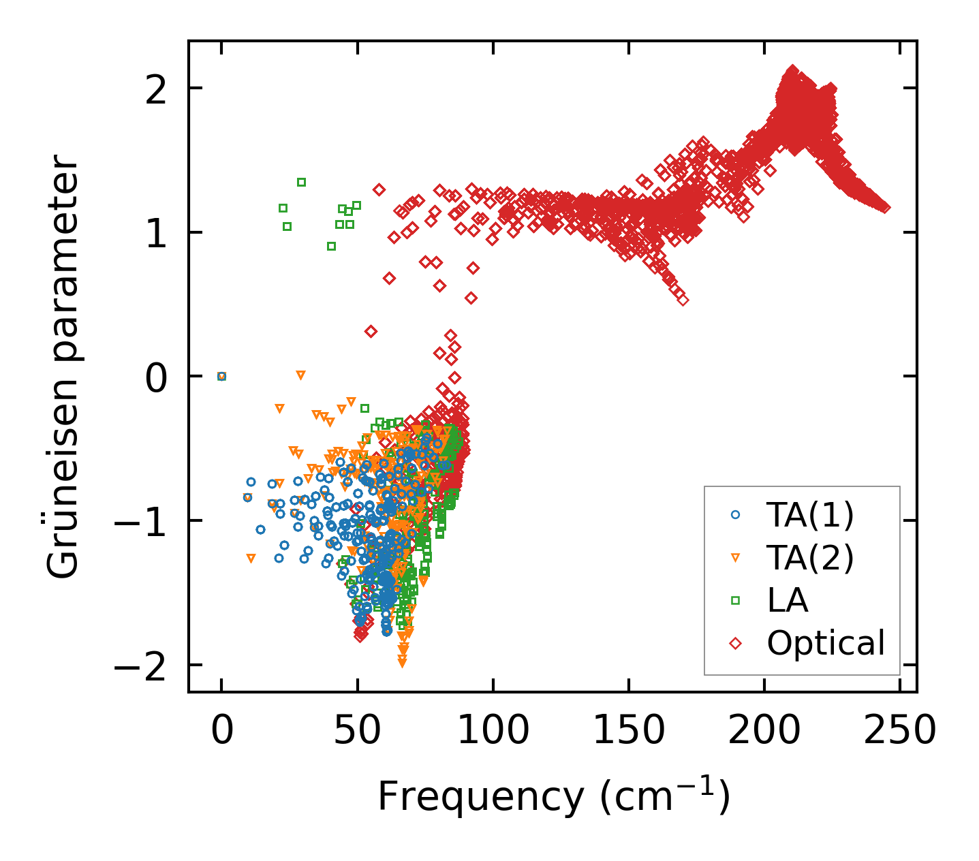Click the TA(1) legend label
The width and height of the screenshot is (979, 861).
(810, 516)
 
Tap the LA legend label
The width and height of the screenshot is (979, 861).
(788, 600)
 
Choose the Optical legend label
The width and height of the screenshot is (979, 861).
(826, 642)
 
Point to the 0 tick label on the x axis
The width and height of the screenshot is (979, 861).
(221, 731)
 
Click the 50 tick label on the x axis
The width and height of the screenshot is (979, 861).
(357, 731)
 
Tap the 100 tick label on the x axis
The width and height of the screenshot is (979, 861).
(493, 731)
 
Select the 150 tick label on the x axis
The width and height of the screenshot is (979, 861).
(628, 731)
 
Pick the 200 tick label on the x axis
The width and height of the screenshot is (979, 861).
(764, 731)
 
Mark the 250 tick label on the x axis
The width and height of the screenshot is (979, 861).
(899, 731)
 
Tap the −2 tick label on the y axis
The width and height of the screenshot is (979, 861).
(142, 665)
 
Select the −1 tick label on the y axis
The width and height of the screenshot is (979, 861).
(142, 521)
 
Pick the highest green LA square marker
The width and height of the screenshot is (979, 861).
(301, 182)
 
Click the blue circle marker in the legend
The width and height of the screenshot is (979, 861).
(735, 516)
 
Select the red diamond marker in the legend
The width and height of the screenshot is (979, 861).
(735, 642)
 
